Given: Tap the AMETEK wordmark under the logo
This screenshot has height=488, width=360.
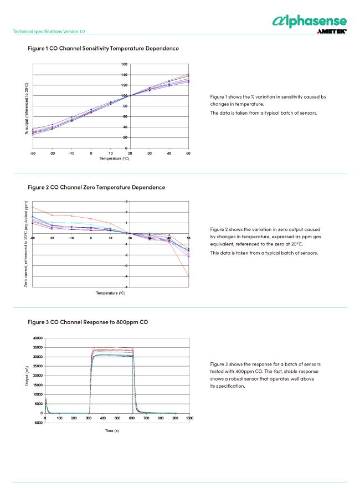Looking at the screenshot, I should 332,32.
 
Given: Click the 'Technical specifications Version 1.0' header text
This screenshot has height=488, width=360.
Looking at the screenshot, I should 49,32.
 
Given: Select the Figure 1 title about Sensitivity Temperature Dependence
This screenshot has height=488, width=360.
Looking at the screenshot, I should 103,49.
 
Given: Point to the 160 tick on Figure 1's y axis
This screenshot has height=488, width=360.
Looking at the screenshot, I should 125,64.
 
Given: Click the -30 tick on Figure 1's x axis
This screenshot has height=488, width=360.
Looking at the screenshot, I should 33,153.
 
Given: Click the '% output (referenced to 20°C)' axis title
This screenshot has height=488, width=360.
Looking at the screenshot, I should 26,108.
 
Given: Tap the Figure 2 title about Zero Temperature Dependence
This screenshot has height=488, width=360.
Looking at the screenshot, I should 96,187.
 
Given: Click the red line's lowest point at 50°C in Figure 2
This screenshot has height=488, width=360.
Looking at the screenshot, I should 189,276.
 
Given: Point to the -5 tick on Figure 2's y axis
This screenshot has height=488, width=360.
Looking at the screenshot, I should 127,286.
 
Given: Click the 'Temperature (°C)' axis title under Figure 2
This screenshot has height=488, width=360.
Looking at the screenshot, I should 110,292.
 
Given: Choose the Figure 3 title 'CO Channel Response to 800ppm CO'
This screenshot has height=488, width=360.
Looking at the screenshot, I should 88,322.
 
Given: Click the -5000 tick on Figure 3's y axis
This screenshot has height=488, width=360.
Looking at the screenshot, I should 37,422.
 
